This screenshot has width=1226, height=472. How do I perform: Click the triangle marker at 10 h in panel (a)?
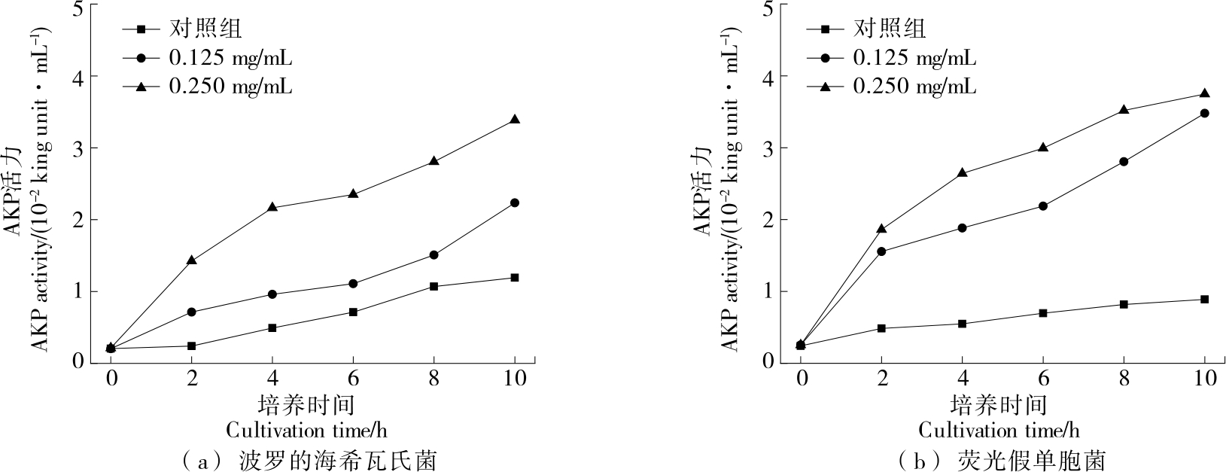(x=515, y=120)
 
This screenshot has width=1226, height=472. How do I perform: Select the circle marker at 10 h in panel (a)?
(x=515, y=203)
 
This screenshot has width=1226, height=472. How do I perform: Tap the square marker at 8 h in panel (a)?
(x=434, y=286)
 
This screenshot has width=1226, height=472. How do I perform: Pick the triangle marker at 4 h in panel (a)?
(x=272, y=207)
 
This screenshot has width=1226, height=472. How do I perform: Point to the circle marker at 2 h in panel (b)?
(x=881, y=251)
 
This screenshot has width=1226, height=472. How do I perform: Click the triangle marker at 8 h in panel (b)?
(x=1124, y=110)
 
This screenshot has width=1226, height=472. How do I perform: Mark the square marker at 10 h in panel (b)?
(x=1205, y=299)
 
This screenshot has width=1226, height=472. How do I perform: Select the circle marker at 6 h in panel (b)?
(x=1043, y=206)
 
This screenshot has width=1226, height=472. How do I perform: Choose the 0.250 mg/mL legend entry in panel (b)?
(x=914, y=87)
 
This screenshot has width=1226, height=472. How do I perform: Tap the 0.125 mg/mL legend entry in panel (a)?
(x=230, y=58)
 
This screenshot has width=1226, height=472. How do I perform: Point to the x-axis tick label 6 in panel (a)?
(x=354, y=377)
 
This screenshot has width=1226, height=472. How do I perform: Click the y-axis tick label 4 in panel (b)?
(x=768, y=77)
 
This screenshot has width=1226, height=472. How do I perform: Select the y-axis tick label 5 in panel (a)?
(x=78, y=10)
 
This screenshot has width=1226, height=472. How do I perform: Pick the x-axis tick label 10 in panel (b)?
(x=1205, y=377)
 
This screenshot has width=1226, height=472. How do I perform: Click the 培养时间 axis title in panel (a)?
(x=306, y=405)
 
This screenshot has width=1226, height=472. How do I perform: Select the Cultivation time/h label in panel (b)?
(x=999, y=431)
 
